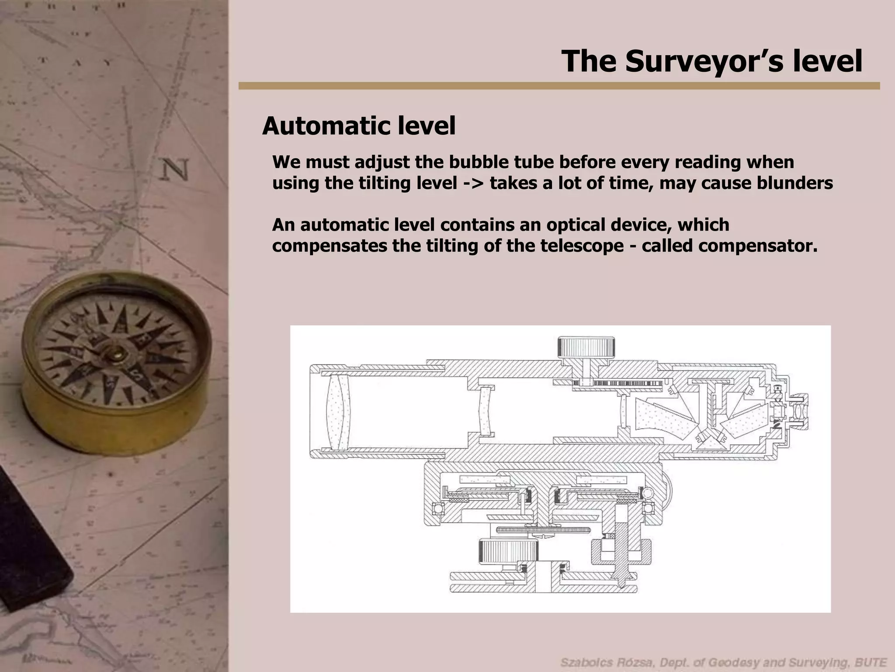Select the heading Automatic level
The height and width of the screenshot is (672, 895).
click(x=359, y=126)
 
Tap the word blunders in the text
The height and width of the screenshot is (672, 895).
click(x=794, y=183)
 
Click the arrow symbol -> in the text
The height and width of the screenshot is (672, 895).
click(x=473, y=184)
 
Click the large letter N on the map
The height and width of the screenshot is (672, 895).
click(x=176, y=169)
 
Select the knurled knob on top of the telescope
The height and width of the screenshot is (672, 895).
click(x=586, y=347)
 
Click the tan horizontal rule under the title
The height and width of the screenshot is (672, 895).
click(x=559, y=86)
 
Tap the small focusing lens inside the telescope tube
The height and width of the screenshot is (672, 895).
click(x=486, y=410)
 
